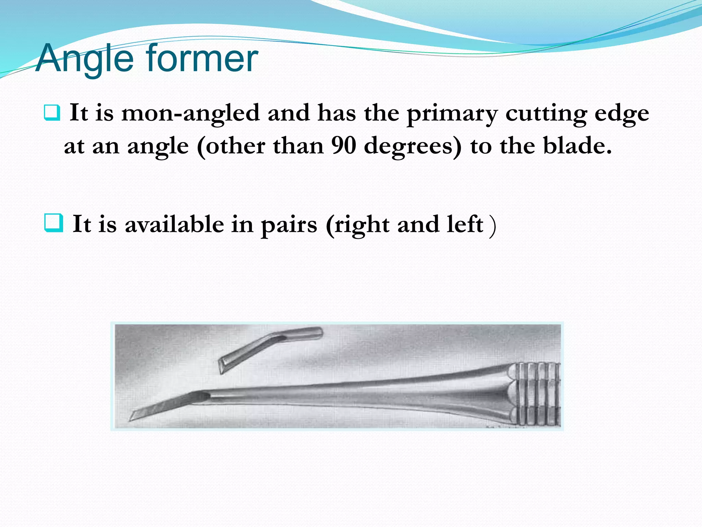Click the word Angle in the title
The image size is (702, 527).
coord(84,59)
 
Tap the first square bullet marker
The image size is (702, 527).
coord(52,113)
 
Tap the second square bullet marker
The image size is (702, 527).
coord(54,223)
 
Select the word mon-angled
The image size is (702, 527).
coord(190,113)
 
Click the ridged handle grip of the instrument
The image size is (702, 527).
coord(536,395)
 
